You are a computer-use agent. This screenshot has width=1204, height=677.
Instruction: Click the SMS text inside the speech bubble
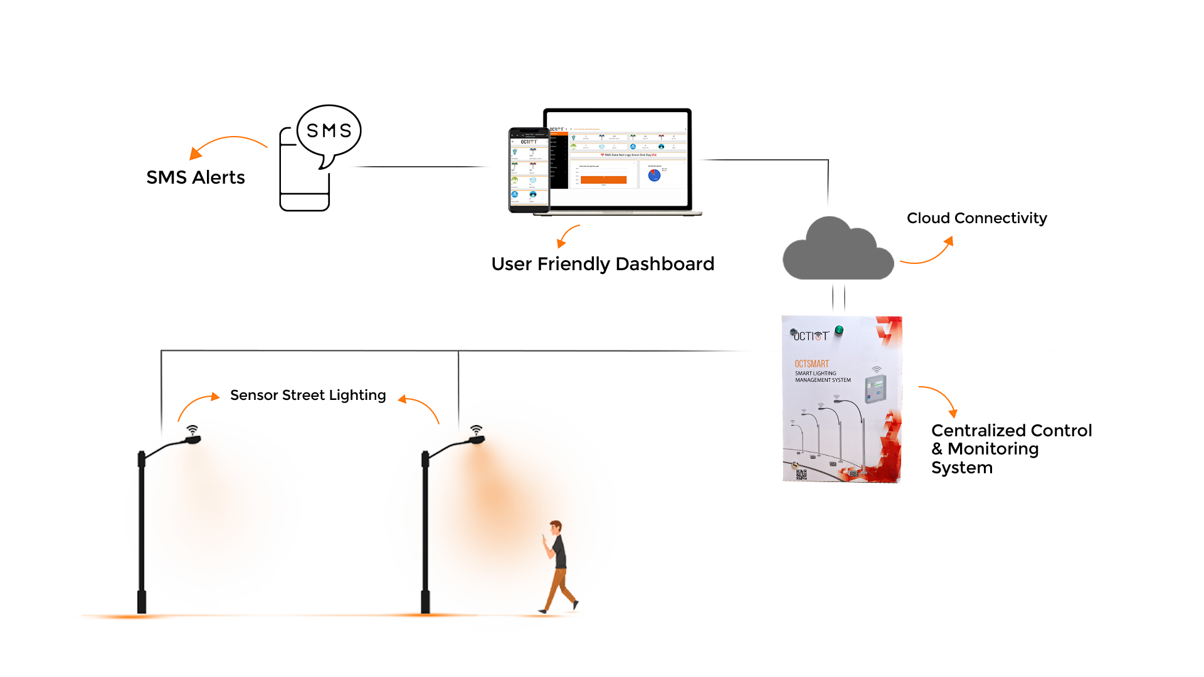pyautogui.click(x=329, y=130)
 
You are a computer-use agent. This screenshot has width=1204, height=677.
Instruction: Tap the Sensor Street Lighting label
pyautogui.click(x=308, y=395)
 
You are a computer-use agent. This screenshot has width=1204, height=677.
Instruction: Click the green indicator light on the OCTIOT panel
pyautogui.click(x=839, y=330)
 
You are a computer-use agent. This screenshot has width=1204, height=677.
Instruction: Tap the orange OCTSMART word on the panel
pyautogui.click(x=811, y=364)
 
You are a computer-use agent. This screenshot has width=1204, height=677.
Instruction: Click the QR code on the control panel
pyautogui.click(x=801, y=475)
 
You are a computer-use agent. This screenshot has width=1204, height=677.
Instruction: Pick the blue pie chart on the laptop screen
pyautogui.click(x=654, y=176)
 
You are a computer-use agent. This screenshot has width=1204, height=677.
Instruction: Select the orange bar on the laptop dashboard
pyautogui.click(x=603, y=180)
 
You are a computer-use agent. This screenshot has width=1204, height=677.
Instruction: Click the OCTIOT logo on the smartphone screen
pyautogui.click(x=529, y=142)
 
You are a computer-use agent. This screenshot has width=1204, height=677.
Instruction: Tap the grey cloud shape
pyautogui.click(x=838, y=251)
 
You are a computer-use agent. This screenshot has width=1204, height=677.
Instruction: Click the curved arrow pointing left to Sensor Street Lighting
pyautogui.click(x=418, y=406)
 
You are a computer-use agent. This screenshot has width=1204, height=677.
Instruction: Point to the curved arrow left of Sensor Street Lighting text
pyautogui.click(x=197, y=404)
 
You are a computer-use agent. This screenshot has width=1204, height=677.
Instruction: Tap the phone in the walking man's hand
pyautogui.click(x=544, y=536)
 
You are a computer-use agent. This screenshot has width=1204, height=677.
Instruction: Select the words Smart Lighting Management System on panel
pyautogui.click(x=823, y=377)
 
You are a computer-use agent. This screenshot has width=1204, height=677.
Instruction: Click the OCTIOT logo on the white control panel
pyautogui.click(x=810, y=336)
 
